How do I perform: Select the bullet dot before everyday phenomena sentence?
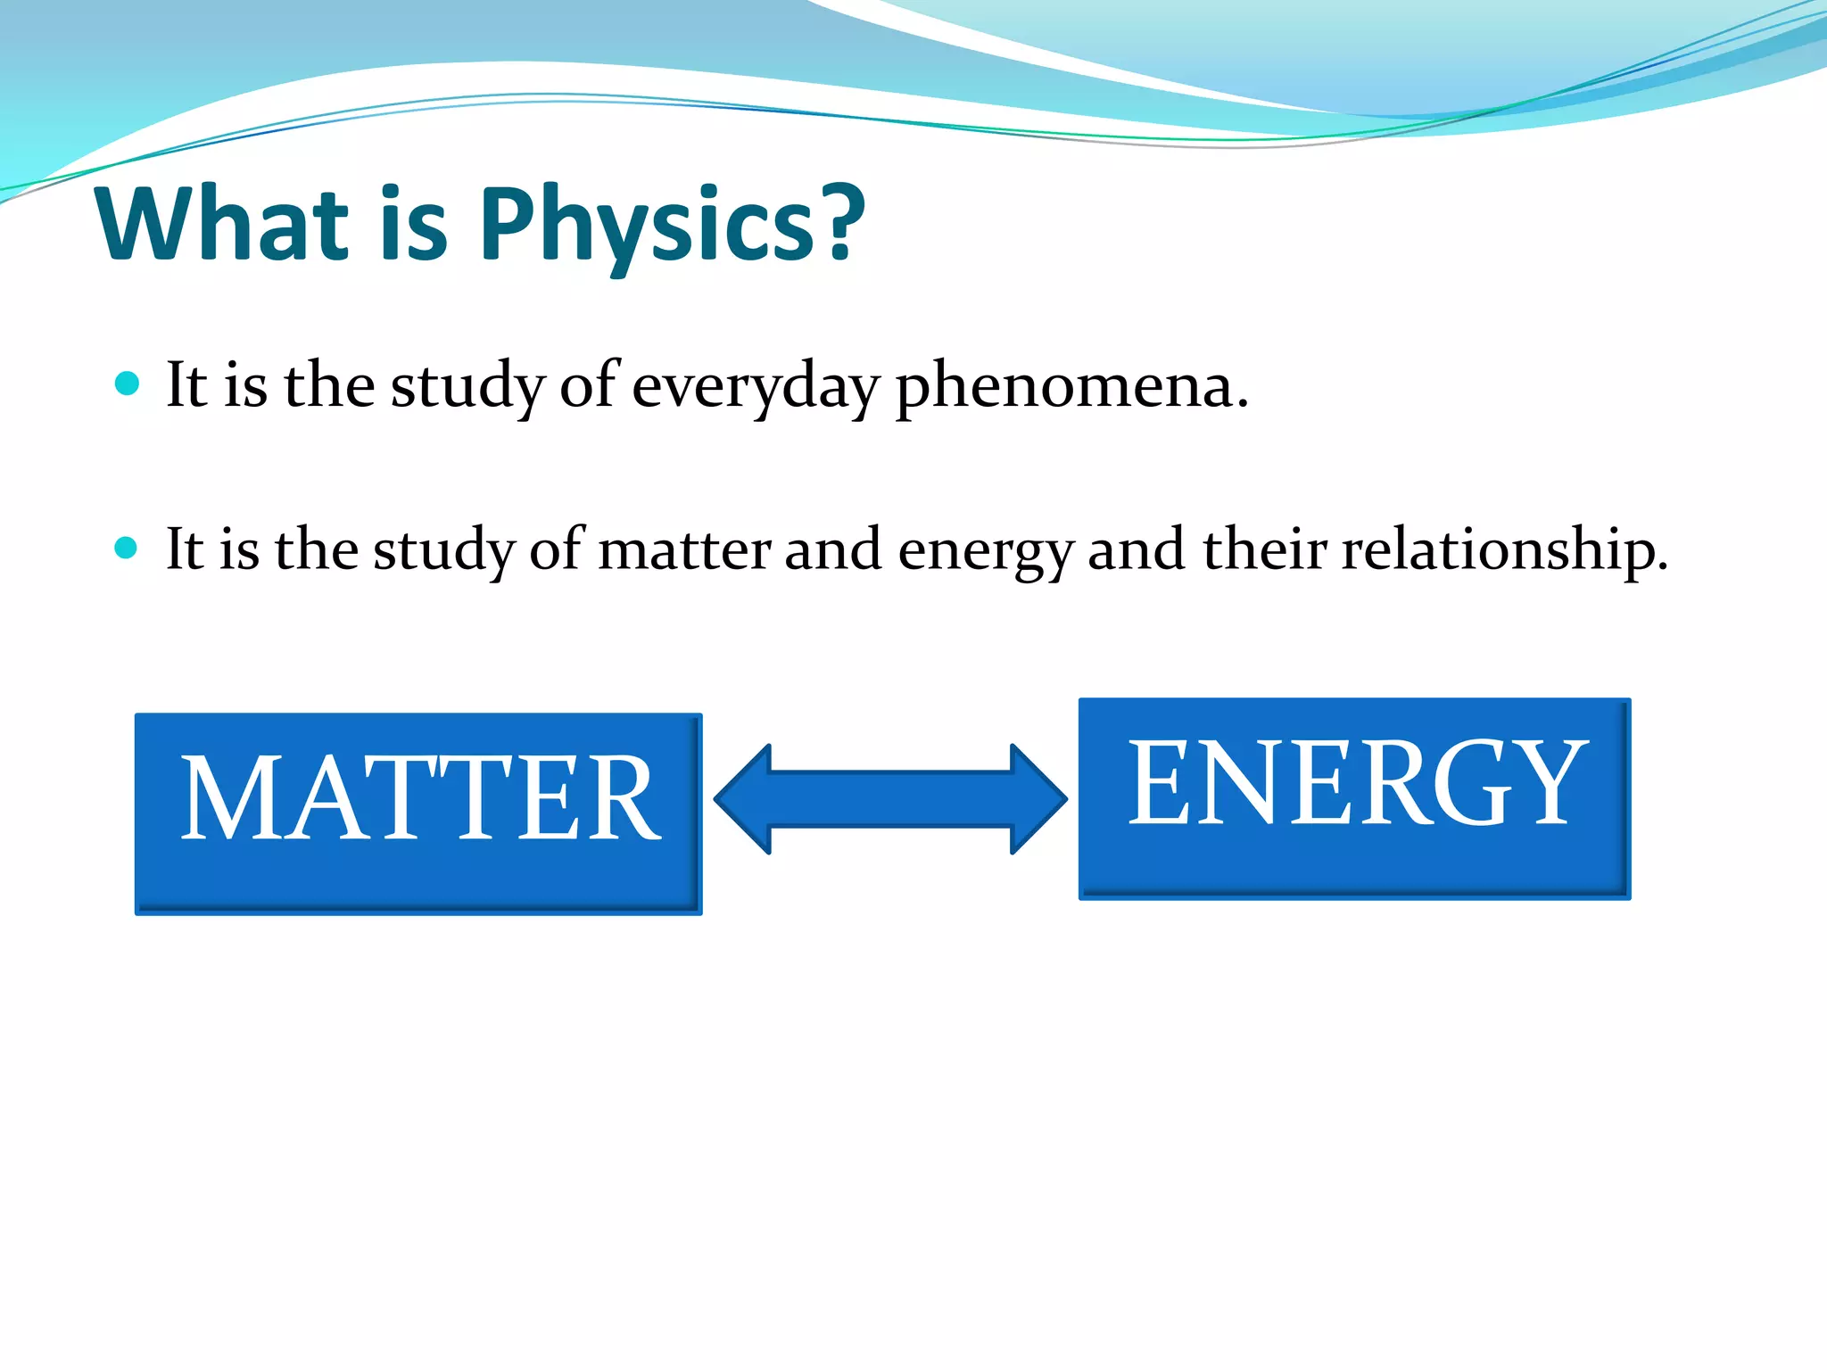(128, 384)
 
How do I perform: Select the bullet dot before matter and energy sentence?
(127, 547)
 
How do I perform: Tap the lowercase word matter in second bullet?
(684, 549)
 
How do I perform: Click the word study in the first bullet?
(467, 387)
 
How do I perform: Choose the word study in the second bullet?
(443, 549)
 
